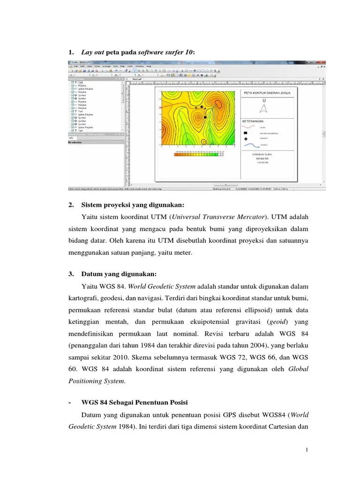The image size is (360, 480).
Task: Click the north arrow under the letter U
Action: point(264,109)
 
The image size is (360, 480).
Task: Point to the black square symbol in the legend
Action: point(246,133)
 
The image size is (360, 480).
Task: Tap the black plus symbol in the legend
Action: point(246,139)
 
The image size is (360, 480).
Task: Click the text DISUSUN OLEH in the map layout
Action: point(262,154)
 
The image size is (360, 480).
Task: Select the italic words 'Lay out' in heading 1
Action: point(93,53)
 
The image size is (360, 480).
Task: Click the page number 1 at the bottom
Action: point(307,450)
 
